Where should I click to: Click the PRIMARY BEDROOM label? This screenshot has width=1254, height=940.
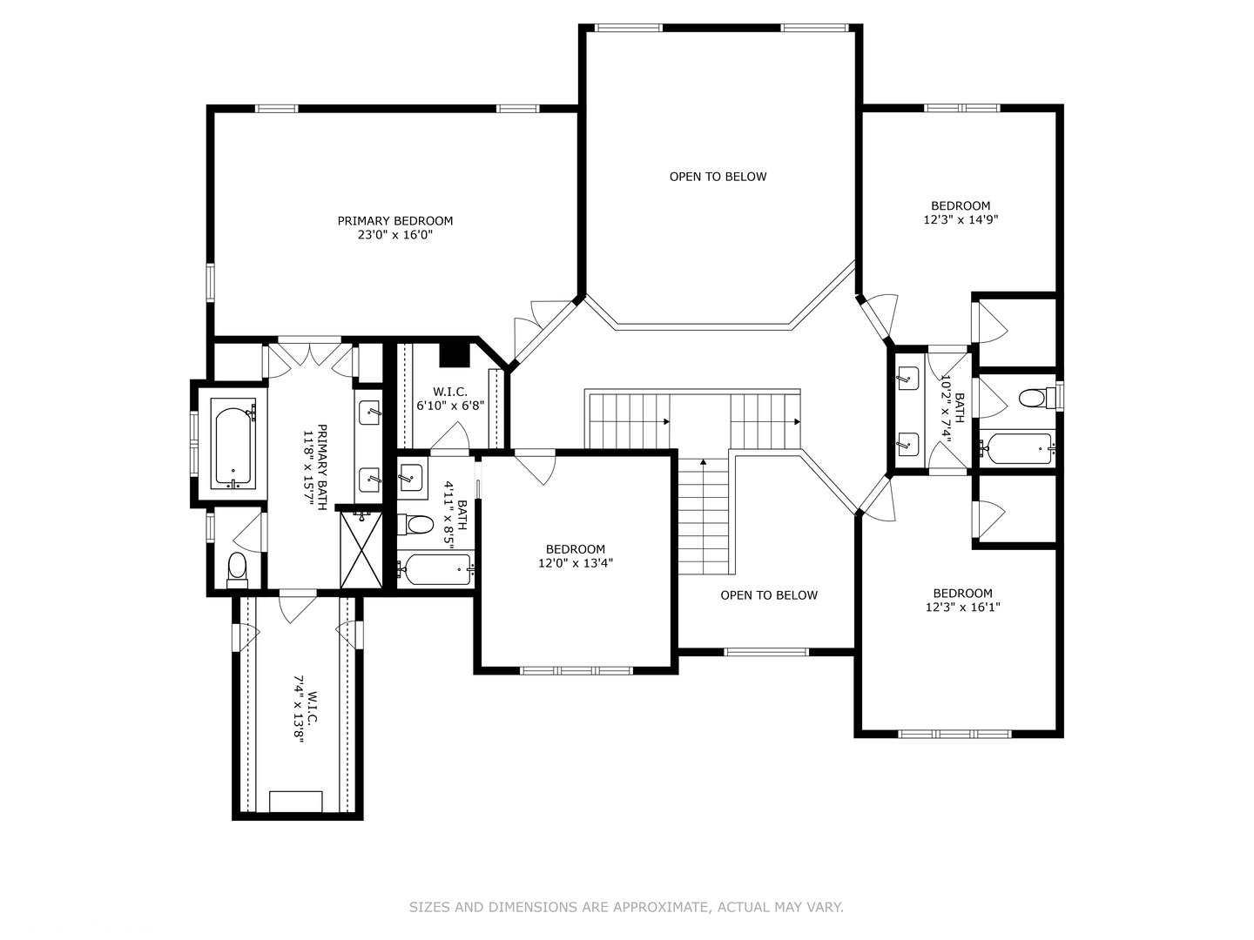click(x=394, y=221)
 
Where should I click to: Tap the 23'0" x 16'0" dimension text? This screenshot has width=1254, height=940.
click(x=394, y=235)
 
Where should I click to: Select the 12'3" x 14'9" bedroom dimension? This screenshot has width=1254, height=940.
click(x=961, y=219)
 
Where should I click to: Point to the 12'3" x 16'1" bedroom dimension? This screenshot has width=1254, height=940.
click(x=962, y=608)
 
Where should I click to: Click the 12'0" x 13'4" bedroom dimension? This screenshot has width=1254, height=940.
click(x=576, y=563)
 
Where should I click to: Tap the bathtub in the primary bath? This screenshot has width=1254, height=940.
click(x=233, y=444)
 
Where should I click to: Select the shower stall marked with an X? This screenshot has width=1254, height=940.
click(x=361, y=549)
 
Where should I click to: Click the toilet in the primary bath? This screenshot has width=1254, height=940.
click(x=237, y=570)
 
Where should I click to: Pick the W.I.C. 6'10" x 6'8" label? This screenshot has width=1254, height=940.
click(x=450, y=399)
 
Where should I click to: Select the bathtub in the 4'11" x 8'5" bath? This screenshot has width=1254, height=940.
click(x=435, y=569)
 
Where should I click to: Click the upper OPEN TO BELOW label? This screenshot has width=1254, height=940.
click(x=718, y=177)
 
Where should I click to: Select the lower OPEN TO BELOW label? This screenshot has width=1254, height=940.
click(x=769, y=595)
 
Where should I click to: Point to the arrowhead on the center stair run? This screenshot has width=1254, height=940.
click(x=704, y=461)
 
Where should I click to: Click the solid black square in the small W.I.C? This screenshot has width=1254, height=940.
click(x=455, y=356)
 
